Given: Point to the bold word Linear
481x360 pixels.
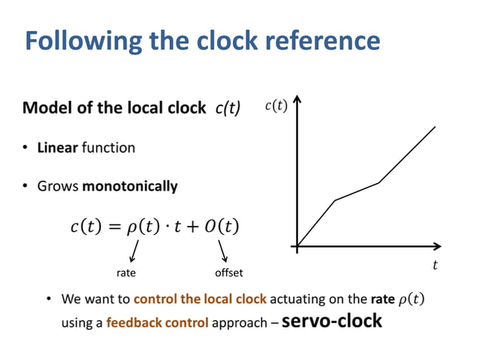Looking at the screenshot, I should click(57, 148).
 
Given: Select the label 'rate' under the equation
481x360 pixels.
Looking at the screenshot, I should click(125, 272).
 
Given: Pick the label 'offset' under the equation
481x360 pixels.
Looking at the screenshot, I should click(229, 272).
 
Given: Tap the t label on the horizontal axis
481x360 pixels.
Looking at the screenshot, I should click(435, 264).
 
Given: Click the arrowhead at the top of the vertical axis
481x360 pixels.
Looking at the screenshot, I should click(299, 100).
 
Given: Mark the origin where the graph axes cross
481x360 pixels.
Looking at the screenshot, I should click(299, 246).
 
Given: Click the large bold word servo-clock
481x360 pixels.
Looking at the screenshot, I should click(332, 321).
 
